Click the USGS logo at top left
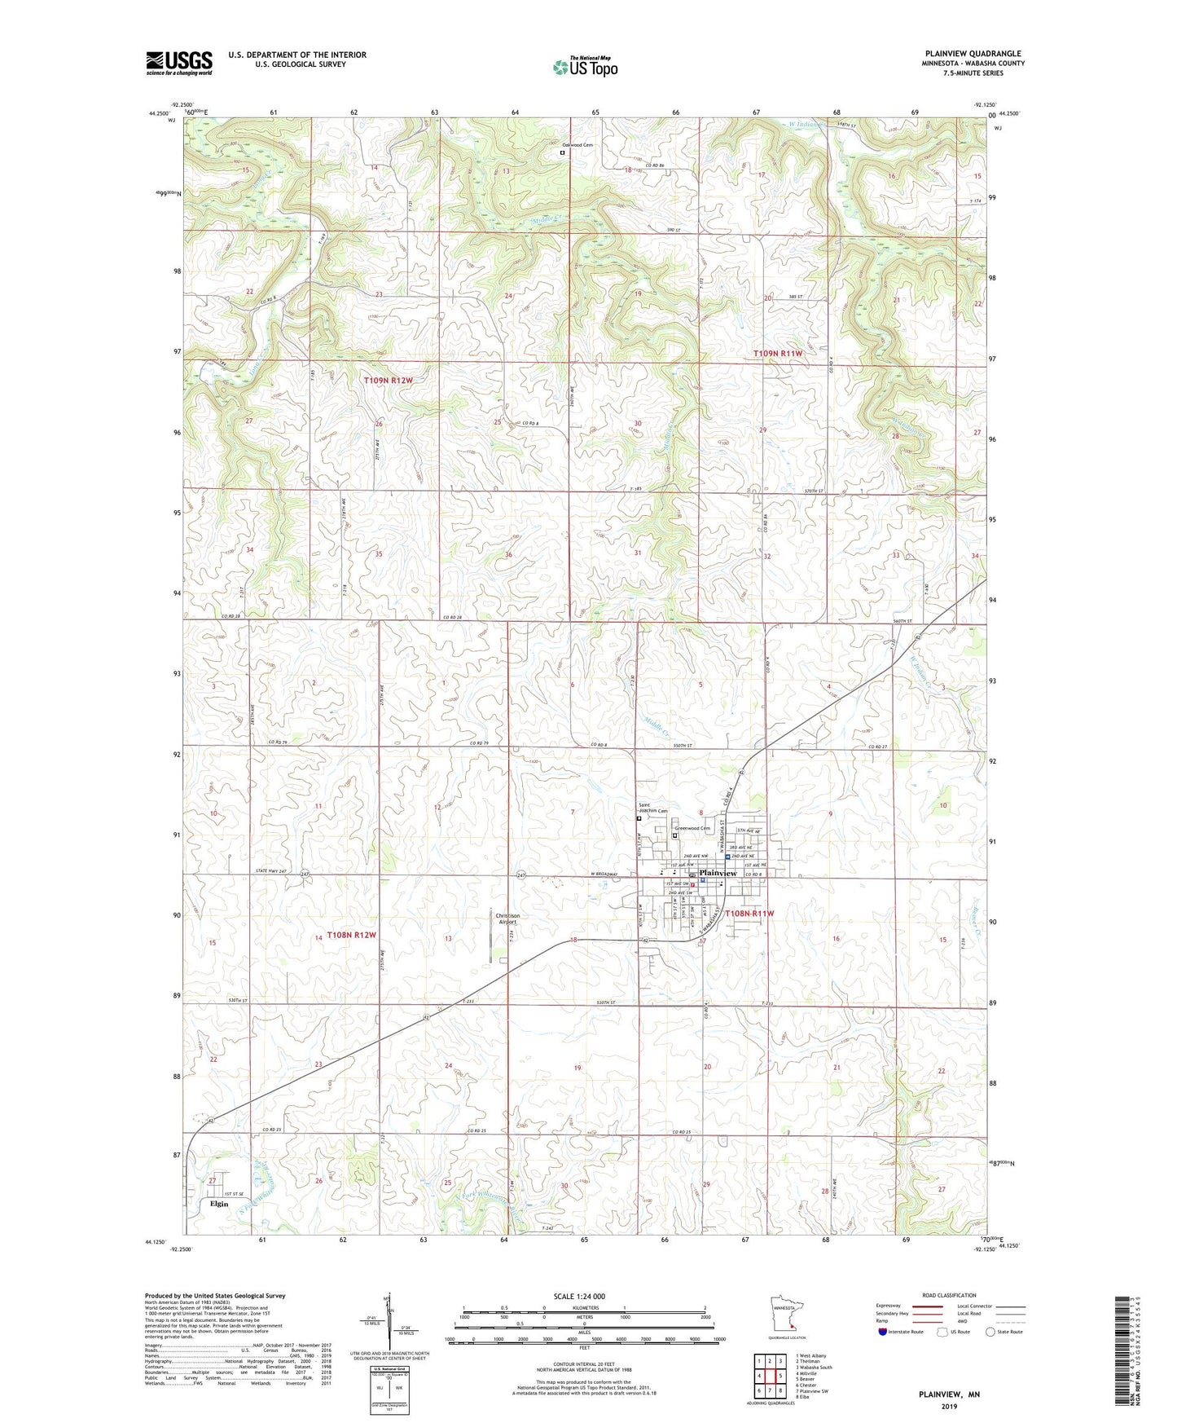pos(178,63)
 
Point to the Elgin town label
pos(218,1203)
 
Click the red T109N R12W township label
pos(394,380)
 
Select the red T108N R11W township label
pos(749,914)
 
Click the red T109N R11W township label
pos(778,353)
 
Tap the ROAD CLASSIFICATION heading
pos(949,1295)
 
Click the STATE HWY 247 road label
pos(270,871)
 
